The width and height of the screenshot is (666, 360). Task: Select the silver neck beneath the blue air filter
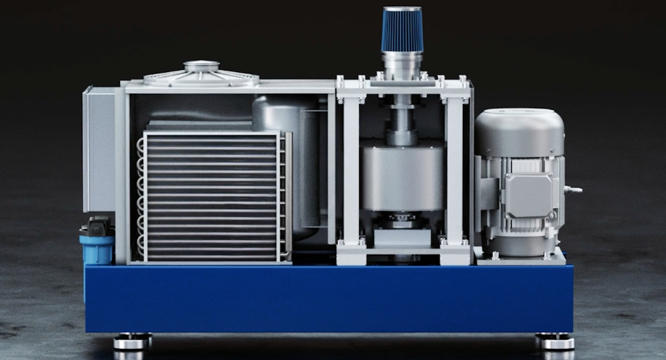tap(402, 64)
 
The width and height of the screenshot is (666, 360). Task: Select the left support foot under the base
tap(132, 341)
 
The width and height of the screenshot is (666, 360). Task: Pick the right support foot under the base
tap(553, 341)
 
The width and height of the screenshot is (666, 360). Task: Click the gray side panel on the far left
tap(99, 150)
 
